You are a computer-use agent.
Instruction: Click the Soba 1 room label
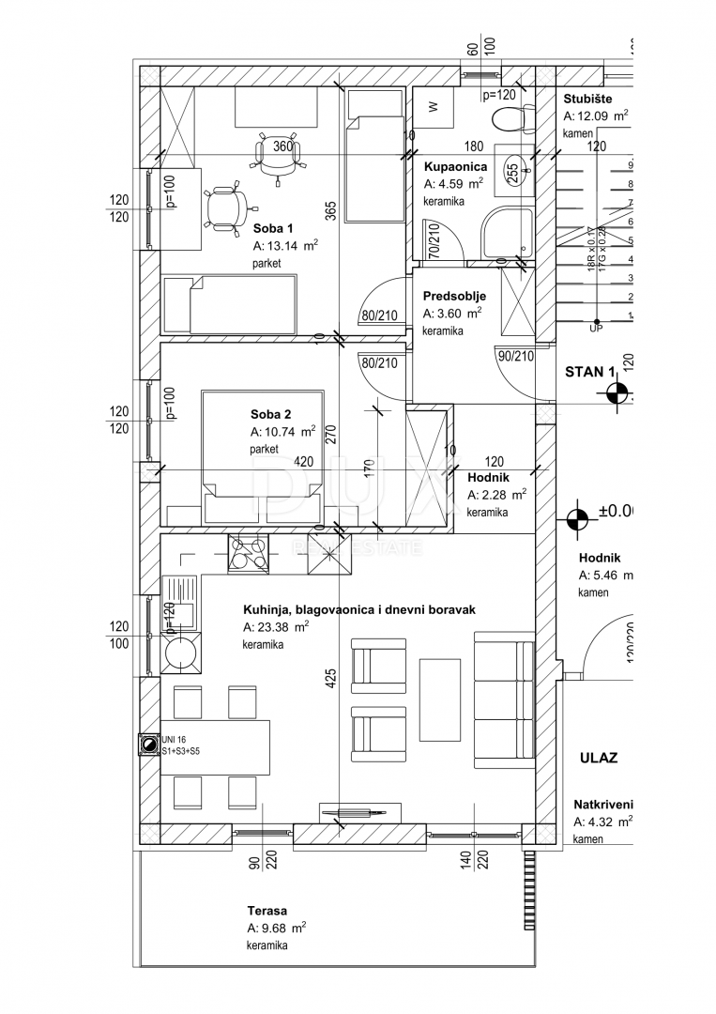point(273,228)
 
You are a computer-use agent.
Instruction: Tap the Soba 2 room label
point(271,414)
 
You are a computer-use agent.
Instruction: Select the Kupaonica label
point(454,166)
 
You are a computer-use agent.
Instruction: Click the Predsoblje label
point(454,296)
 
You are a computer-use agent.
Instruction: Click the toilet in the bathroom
point(510,117)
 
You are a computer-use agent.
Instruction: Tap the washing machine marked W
point(434,107)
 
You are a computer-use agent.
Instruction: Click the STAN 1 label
point(589,371)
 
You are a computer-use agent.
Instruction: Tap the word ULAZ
point(598,757)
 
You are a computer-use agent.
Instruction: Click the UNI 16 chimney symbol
point(147,745)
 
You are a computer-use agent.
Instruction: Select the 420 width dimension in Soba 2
point(305,461)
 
